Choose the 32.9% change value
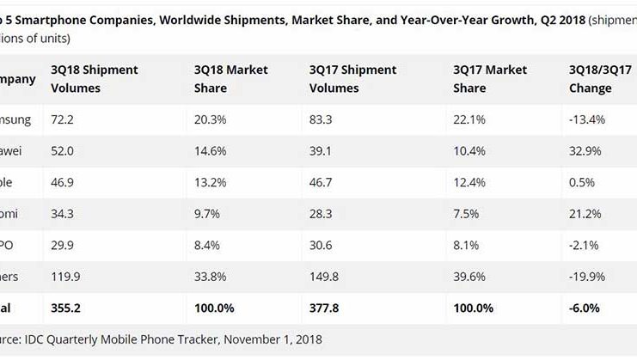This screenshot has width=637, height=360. pos(585,150)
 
